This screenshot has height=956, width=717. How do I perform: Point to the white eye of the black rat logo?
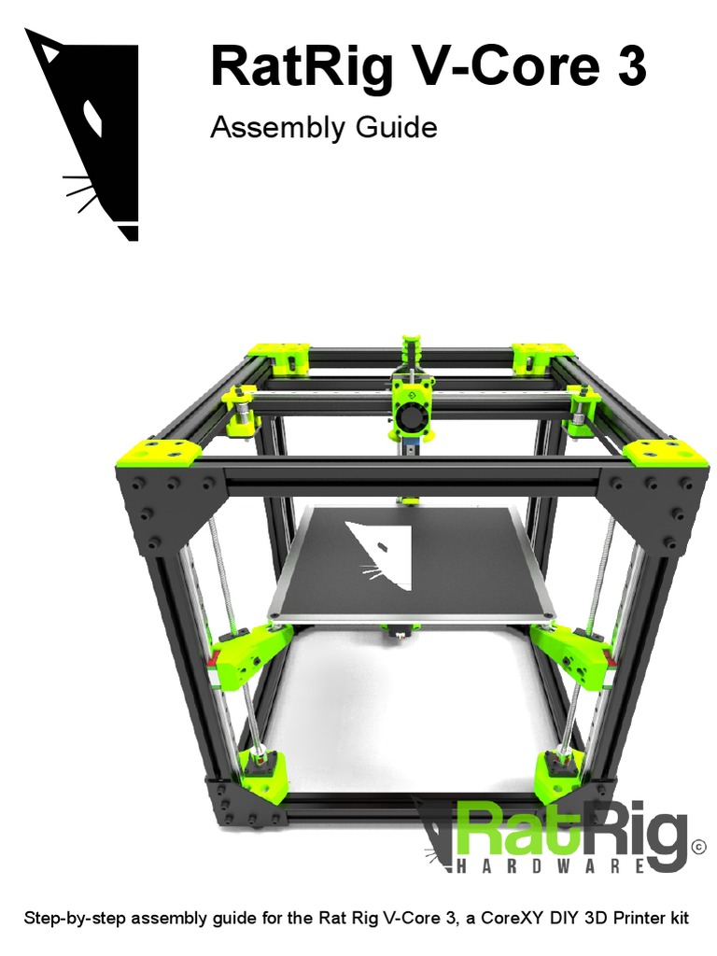tap(93, 118)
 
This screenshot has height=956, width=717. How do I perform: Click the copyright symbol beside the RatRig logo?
tap(698, 847)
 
